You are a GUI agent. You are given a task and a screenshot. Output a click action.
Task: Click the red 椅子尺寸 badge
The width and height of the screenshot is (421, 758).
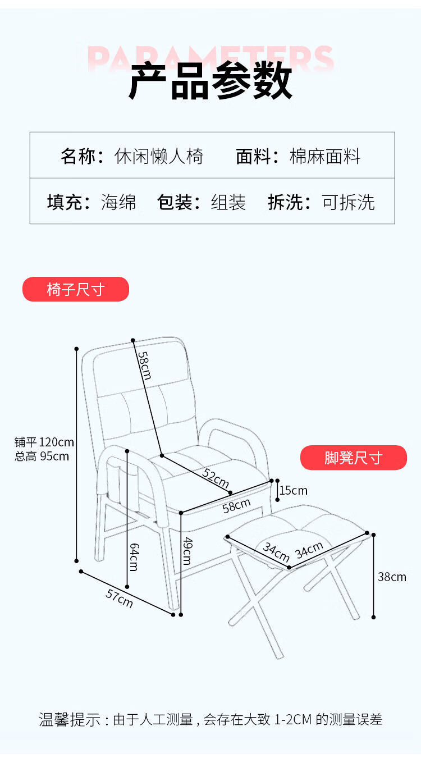coord(75,289)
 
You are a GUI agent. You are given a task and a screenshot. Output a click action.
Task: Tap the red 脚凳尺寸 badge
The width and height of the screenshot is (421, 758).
coord(353,458)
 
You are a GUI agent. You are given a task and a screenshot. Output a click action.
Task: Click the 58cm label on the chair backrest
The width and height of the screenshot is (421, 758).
coord(144,365)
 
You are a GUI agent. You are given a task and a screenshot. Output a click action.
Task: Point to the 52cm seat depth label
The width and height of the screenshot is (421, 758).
coord(216,478)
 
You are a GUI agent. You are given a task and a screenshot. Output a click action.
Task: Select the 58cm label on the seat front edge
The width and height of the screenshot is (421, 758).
coord(236,505)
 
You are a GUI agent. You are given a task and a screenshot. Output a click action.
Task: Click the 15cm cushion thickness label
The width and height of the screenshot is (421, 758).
coord(294,490)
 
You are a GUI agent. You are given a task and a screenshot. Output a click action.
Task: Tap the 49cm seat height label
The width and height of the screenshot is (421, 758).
coord(187,551)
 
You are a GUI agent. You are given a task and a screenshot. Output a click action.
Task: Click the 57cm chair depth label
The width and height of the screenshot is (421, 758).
coord(119,598)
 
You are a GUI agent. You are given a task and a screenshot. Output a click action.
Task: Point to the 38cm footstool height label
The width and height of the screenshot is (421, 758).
coord(392,577)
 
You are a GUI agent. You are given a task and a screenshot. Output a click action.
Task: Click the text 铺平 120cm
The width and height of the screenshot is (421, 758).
coord(44,442)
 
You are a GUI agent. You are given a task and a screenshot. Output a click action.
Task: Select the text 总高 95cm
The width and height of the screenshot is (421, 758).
coord(42,456)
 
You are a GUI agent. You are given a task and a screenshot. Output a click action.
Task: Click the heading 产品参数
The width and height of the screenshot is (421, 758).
coord(210,83)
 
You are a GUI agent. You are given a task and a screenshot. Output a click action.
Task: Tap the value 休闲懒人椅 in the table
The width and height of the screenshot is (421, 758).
coord(159,156)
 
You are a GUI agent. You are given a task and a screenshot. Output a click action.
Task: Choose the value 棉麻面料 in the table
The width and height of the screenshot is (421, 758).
coord(325,156)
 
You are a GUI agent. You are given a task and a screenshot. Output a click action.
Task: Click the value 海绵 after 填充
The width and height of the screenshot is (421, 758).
coord(118,202)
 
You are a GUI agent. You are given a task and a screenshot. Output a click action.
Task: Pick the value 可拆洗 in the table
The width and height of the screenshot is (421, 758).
coord(348,202)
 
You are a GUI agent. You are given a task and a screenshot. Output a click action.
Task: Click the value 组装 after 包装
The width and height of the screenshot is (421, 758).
coord(228,202)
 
